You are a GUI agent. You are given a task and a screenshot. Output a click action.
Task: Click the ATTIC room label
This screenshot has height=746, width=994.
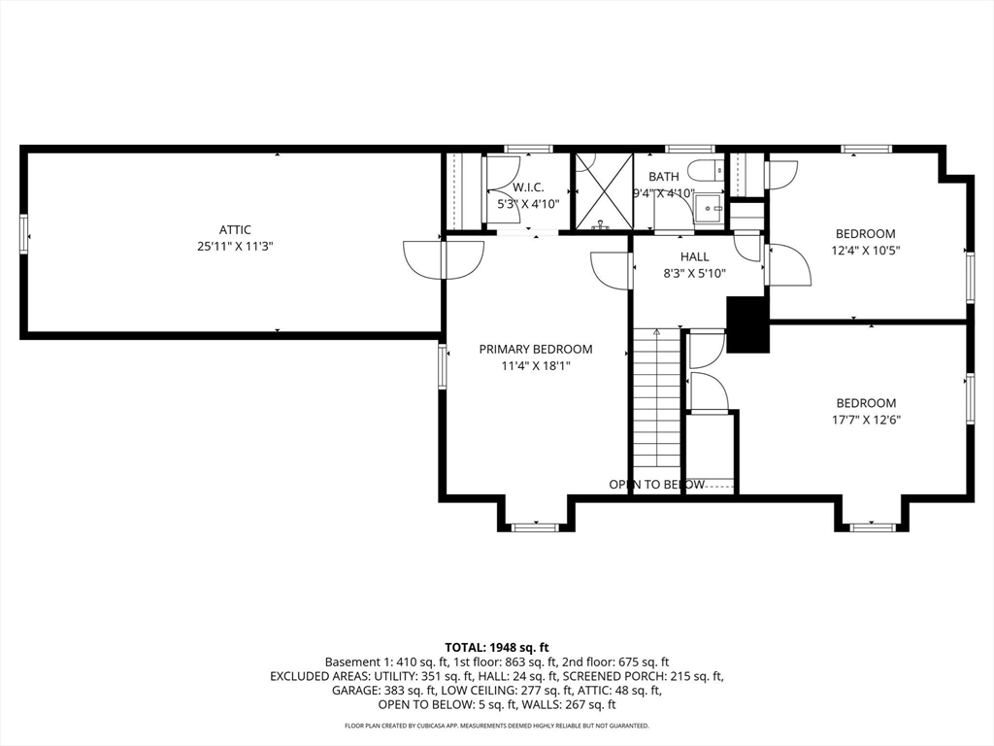pos(235,230)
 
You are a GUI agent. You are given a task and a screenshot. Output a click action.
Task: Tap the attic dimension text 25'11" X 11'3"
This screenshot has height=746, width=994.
pos(235,247)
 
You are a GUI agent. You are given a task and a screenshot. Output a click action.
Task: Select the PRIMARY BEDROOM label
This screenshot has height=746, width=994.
pos(535,350)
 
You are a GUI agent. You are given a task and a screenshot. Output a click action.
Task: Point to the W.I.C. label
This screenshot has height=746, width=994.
pos(528,187)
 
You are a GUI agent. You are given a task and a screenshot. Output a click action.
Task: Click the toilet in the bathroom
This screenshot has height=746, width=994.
pos(704,171)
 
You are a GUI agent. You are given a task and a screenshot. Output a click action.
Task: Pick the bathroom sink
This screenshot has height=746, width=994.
pos(711,207)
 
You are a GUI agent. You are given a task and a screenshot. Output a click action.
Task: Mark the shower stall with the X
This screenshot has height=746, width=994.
pos(603,191)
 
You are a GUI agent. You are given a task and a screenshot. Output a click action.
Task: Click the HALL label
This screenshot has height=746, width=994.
pos(694,257)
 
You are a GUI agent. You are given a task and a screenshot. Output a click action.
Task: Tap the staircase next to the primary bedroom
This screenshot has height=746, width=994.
pos(656,408)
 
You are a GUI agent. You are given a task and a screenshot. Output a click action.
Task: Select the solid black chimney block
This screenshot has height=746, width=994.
pos(747,324)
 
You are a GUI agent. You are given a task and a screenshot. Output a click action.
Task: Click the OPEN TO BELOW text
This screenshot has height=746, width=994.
pos(656,485)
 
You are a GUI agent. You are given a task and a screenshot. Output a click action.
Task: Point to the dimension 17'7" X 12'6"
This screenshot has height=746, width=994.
pos(866,421)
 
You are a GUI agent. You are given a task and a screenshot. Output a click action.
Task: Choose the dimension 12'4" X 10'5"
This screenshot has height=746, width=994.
pos(866,251)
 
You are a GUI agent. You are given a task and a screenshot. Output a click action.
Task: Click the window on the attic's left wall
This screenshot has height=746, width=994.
pos(24,234)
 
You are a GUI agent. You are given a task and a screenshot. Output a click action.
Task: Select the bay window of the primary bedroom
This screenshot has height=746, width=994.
pos(535,526)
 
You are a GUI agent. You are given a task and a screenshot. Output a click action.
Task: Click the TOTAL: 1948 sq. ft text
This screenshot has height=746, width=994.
pos(497,647)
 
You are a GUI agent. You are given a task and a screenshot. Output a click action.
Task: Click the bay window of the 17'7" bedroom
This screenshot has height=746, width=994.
pos(871,526)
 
